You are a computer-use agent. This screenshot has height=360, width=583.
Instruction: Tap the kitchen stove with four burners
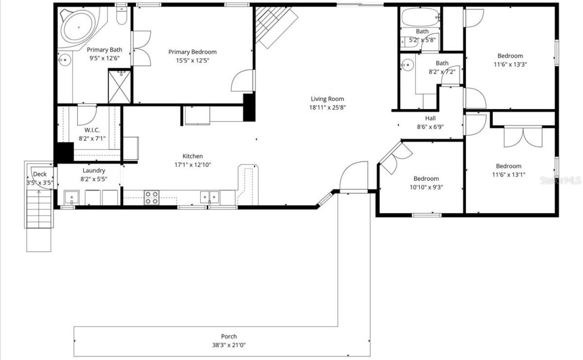click(151, 197)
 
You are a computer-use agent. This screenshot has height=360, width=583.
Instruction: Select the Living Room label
click(327, 99)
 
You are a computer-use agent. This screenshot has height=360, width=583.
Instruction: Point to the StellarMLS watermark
click(560, 180)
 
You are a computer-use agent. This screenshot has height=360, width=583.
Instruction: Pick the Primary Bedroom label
click(192, 52)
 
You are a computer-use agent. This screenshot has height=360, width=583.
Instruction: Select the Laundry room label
click(94, 171)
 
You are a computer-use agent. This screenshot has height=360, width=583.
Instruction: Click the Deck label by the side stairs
click(40, 174)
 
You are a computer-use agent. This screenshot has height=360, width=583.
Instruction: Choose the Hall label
click(430, 118)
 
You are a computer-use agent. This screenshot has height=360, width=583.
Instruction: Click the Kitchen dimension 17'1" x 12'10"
click(192, 165)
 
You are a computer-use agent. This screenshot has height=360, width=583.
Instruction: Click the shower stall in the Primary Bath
click(119, 86)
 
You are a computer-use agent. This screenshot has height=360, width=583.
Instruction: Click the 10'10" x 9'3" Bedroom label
click(426, 179)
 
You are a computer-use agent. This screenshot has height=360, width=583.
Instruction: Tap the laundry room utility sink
click(71, 198)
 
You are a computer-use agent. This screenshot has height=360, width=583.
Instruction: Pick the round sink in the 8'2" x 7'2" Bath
click(408, 65)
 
